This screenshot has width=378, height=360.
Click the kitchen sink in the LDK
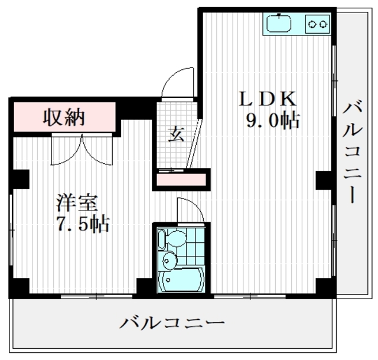coord(279,24)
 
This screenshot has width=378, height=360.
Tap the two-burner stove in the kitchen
coord(317,24)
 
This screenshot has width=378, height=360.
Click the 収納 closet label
coord(64,117)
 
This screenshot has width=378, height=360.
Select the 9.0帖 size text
coord(273,121)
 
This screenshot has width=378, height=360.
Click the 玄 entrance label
coord(176,134)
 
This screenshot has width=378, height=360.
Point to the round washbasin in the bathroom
coord(169,260)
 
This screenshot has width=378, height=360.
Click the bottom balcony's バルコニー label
coord(172,323)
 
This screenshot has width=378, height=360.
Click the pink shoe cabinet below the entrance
coord(181,179)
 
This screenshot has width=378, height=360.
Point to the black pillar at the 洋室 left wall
coord(20,179)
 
